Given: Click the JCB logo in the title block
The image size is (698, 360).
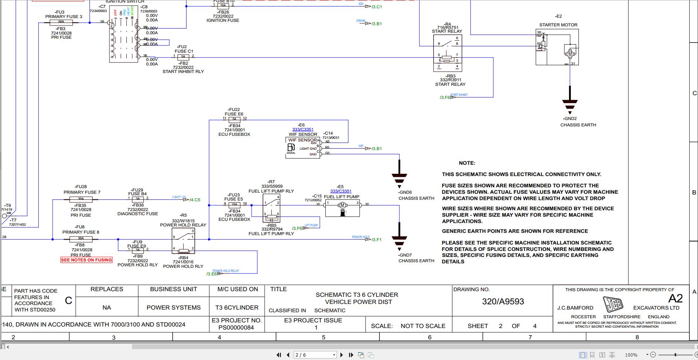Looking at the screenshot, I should (613, 304).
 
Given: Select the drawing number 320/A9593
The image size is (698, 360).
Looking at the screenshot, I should (503, 301).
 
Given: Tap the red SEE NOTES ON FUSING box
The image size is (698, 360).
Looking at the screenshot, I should (86, 260).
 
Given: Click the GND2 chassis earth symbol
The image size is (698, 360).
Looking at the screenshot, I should (570, 103).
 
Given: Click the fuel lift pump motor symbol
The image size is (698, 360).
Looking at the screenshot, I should (342, 205).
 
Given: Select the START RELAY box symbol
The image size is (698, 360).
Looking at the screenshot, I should (448, 53).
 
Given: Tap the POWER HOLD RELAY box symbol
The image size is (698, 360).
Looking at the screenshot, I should (184, 241).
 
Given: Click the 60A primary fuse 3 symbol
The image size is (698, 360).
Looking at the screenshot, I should (61, 23).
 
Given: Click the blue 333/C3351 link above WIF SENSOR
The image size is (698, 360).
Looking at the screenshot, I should (303, 129).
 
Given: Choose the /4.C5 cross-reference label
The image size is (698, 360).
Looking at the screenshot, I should (195, 200).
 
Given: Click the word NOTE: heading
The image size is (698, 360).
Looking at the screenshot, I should (467, 163).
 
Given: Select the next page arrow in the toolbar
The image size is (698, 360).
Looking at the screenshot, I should (341, 355).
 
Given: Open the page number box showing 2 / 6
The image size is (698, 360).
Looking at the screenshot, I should (314, 355).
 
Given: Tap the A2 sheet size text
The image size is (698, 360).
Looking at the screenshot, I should (675, 298).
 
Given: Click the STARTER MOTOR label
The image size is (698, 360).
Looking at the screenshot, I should (558, 25).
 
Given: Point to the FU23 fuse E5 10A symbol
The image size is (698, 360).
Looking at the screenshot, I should (234, 205).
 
